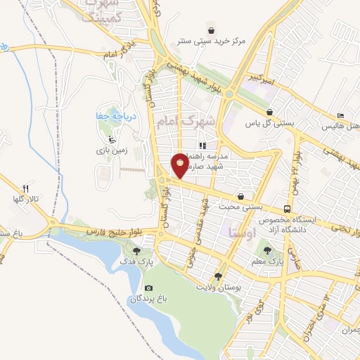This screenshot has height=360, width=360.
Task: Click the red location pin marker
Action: click(181, 165)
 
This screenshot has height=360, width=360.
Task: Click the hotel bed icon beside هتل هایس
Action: click(341, 115)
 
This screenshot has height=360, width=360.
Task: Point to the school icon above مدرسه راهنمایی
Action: click(202, 146)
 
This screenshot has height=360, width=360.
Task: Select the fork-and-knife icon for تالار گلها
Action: click(26, 188)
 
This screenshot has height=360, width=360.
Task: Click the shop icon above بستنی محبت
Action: click(242, 196)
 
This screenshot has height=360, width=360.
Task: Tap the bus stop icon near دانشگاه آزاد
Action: click(286, 209)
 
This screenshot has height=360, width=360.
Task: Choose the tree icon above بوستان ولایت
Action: click(218, 276)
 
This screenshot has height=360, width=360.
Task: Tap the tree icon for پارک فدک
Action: click(136, 250)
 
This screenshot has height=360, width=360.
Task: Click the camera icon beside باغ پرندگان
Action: click(148, 288)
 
